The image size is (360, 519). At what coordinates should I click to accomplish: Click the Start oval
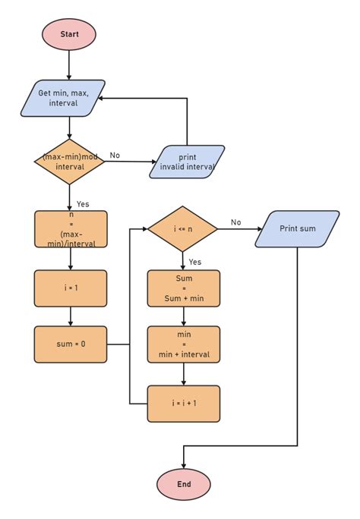tap(70, 34)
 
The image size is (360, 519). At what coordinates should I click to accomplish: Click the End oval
tap(184, 483)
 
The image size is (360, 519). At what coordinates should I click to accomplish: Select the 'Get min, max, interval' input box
tap(70, 98)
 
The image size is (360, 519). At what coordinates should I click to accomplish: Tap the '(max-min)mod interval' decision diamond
tap(70, 162)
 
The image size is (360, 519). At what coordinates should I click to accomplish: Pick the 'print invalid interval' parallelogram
tap(187, 162)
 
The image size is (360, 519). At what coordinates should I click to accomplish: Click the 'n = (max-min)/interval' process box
tap(71, 229)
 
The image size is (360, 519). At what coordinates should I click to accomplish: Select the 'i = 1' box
tap(71, 288)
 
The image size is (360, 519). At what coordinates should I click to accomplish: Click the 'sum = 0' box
tap(71, 344)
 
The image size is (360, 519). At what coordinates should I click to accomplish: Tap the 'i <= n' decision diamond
tap(182, 228)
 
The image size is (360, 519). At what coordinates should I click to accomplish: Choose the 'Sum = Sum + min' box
tap(183, 288)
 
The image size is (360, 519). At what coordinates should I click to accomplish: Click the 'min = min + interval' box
tap(183, 344)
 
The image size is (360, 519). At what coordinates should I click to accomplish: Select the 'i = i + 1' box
tap(183, 403)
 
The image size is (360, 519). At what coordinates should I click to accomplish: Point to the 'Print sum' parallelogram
tap(297, 228)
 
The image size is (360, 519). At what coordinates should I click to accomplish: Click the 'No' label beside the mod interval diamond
tap(115, 155)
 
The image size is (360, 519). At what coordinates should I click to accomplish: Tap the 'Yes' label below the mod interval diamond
tap(83, 203)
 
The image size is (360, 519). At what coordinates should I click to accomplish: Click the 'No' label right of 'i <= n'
tap(235, 222)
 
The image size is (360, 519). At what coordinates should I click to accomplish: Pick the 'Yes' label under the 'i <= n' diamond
tap(195, 261)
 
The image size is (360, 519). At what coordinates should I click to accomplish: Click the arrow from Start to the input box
tap(70, 64)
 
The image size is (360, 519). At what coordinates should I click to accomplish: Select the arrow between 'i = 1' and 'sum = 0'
tap(71, 316)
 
